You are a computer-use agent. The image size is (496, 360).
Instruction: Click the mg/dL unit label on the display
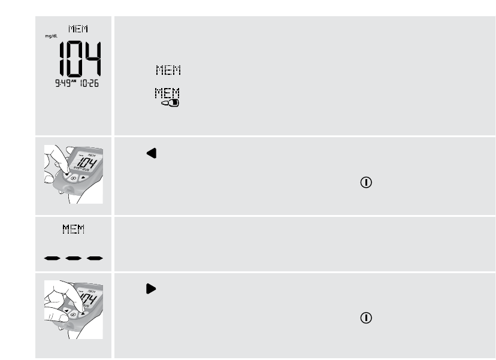pyautogui.click(x=49, y=35)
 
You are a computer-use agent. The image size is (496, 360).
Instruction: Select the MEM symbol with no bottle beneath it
pyautogui.click(x=168, y=71)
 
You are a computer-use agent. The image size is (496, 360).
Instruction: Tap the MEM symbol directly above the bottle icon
pyautogui.click(x=168, y=93)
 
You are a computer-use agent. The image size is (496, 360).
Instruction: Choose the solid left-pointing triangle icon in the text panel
pyautogui.click(x=151, y=154)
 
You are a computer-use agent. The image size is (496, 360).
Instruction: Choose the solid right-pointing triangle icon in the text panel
pyautogui.click(x=151, y=289)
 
